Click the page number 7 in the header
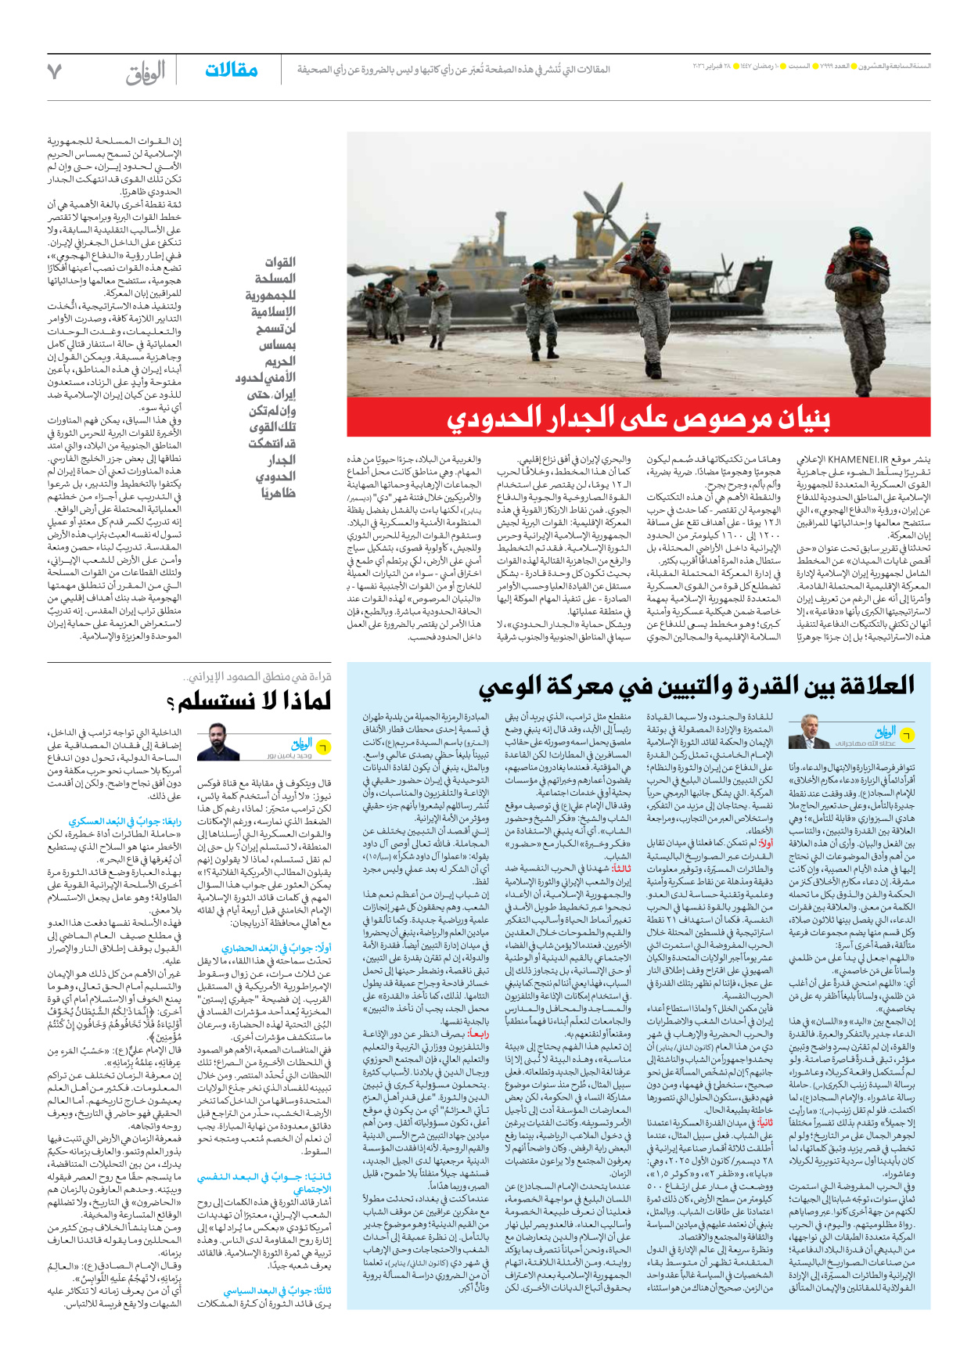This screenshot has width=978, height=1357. [54, 71]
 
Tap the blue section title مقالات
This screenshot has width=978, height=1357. [232, 70]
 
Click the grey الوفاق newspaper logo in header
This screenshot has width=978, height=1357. [146, 72]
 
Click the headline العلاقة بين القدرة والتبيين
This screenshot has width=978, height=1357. [696, 686]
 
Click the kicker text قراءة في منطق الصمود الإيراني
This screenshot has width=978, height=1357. [258, 676]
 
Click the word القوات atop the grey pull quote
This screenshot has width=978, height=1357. [280, 262]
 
